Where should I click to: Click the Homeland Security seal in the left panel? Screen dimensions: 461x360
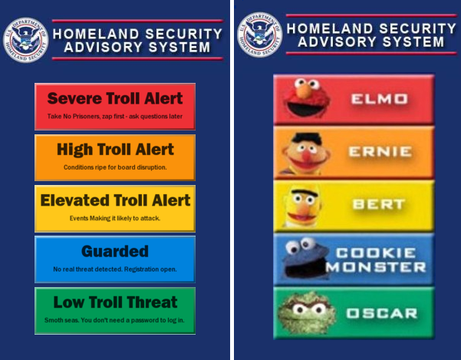[25, 40]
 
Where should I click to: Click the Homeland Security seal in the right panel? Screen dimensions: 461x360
[259, 35]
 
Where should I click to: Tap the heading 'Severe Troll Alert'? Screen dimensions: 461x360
[115, 98]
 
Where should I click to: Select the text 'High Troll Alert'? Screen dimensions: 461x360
[115, 150]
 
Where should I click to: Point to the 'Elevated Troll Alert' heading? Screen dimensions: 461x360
[115, 200]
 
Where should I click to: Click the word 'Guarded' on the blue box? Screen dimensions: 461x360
[115, 251]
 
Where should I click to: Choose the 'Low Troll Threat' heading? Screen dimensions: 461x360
[115, 302]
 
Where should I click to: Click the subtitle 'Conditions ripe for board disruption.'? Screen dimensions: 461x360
[115, 167]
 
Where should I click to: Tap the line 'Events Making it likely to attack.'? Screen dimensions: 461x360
[115, 218]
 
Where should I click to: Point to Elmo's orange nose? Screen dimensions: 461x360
[304, 91]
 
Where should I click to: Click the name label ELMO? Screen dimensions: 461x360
[379, 99]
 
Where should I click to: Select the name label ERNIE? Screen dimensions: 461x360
[380, 152]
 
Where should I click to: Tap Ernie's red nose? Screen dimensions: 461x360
[306, 156]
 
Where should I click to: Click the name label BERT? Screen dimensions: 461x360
[379, 204]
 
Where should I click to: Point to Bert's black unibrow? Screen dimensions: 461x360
[305, 193]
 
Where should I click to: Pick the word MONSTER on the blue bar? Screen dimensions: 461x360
[376, 267]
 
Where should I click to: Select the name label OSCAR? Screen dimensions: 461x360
[382, 313]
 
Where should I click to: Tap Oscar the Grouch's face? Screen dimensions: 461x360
[307, 312]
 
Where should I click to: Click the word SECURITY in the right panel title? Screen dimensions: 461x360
[417, 28]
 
